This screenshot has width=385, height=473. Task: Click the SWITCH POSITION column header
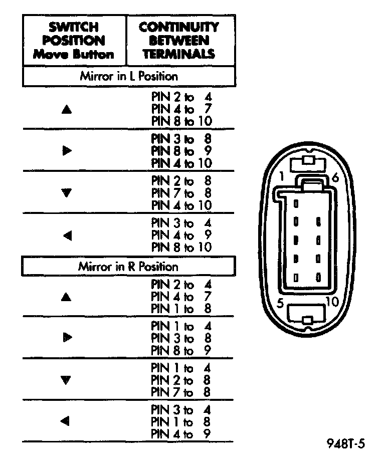(x=74, y=41)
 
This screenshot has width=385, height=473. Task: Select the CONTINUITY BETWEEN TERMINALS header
(x=179, y=41)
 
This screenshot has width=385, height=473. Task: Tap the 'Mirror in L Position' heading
(x=128, y=77)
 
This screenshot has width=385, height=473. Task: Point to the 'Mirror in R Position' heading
(x=128, y=266)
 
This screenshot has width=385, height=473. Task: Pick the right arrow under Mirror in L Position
(x=67, y=151)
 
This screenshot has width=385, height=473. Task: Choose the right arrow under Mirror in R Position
(x=67, y=338)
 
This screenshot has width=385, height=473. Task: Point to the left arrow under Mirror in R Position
(x=65, y=421)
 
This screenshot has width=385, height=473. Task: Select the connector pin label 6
(x=335, y=178)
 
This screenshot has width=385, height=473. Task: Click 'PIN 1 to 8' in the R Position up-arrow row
(x=181, y=309)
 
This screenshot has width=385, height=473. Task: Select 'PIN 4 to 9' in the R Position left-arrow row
(x=181, y=434)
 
